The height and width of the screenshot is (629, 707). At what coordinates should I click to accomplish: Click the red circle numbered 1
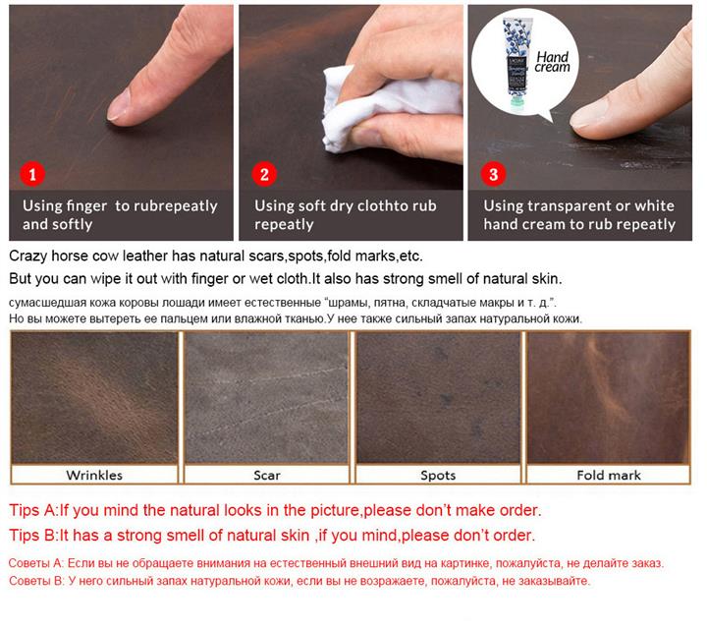(32, 174)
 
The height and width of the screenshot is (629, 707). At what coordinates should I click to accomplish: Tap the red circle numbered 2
(264, 174)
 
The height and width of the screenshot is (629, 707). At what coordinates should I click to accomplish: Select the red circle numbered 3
(493, 174)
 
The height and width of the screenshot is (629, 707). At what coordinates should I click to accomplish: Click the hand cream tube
(517, 63)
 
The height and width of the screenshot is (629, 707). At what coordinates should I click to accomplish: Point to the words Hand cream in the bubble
(552, 62)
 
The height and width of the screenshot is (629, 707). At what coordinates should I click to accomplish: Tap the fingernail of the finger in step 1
(118, 105)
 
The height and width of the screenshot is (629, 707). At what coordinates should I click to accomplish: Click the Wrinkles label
(94, 475)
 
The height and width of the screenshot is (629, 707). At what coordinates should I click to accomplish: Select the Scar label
(266, 475)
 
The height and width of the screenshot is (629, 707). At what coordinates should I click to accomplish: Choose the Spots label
(438, 475)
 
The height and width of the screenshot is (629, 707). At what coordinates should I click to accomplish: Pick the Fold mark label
(608, 475)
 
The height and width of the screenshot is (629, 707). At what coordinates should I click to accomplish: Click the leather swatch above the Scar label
(266, 397)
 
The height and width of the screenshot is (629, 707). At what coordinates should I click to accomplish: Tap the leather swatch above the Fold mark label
(608, 397)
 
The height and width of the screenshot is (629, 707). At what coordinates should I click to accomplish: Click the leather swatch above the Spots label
(438, 397)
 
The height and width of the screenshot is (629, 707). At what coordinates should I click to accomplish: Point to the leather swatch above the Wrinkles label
(94, 397)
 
